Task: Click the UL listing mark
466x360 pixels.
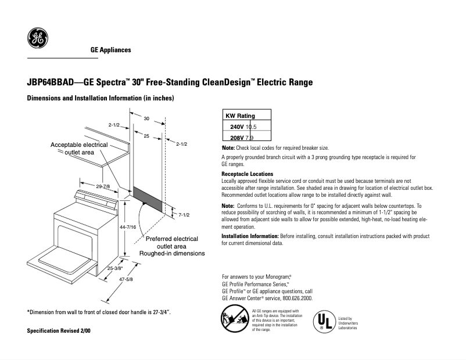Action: [325, 322]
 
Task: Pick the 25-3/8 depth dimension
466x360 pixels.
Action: [114, 268]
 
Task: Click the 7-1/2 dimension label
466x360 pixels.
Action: [185, 215]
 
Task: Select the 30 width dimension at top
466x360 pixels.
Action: [146, 118]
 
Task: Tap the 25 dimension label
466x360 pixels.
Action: [146, 135]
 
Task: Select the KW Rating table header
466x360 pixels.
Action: [240, 116]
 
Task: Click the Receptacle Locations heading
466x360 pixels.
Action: [247, 174]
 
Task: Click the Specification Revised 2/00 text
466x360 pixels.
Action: [59, 330]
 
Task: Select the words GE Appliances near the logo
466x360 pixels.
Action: [110, 50]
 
